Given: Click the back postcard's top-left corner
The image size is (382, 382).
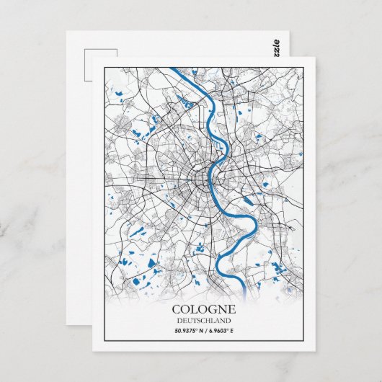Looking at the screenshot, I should click(67, 32).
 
